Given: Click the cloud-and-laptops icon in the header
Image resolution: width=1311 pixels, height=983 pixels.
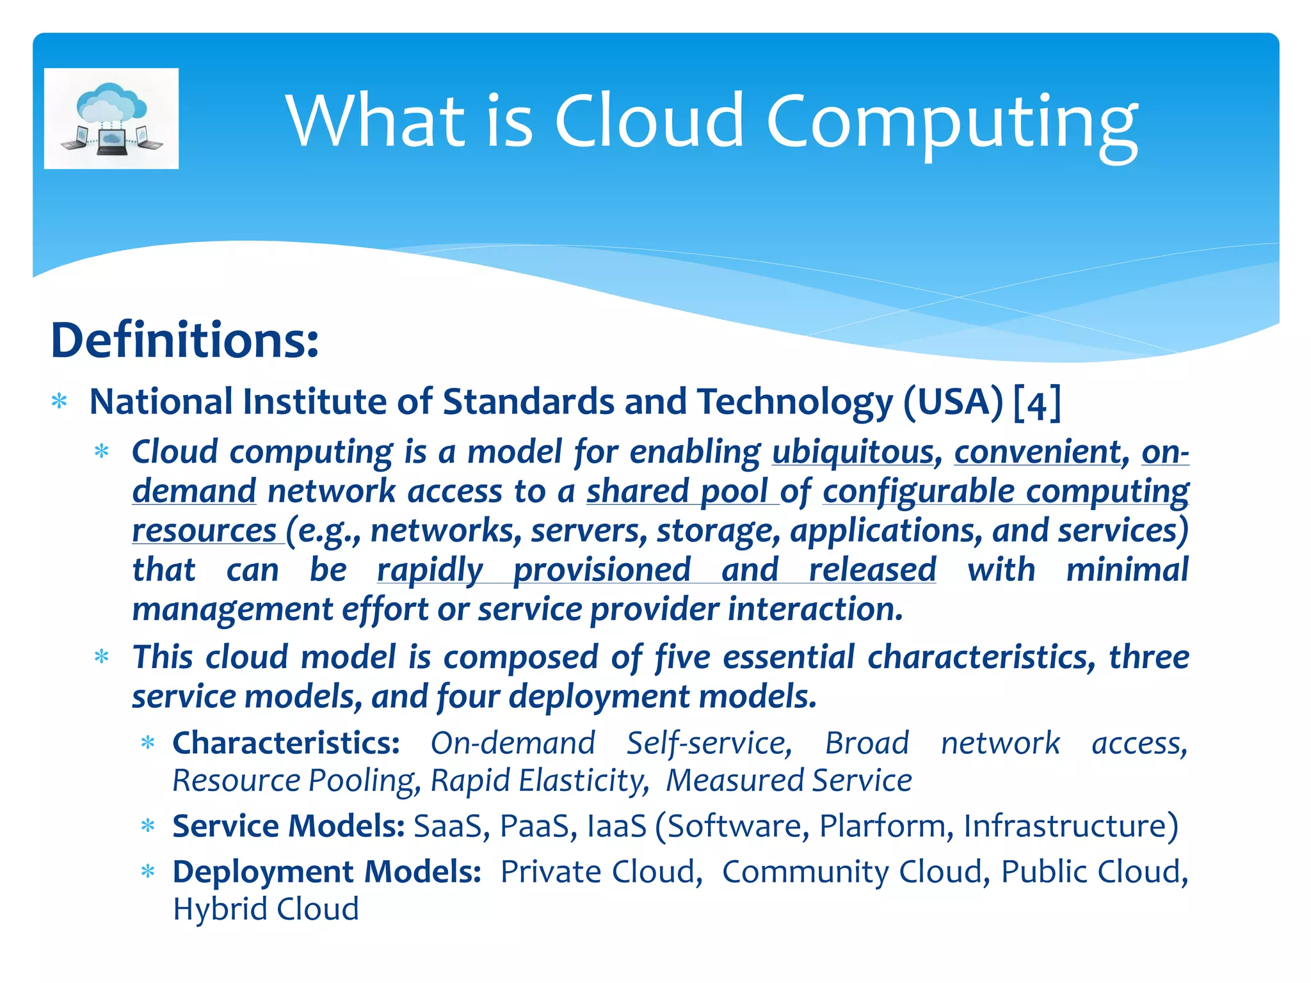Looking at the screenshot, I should [x=111, y=118].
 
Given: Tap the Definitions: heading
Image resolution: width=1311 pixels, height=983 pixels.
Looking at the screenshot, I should [x=184, y=340].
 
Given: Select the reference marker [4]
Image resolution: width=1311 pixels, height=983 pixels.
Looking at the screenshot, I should [x=1038, y=403].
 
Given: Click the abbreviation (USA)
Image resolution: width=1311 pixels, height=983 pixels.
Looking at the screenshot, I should [x=953, y=403].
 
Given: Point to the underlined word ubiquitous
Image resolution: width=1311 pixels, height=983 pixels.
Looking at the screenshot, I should [x=853, y=452].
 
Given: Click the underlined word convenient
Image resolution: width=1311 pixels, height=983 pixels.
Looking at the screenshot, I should [x=1038, y=452].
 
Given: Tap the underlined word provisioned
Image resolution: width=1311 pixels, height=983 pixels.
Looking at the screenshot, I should [x=602, y=570].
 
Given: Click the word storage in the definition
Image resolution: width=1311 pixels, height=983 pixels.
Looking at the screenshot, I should [x=718, y=531].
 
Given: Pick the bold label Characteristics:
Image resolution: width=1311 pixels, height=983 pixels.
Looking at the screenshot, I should [x=286, y=744].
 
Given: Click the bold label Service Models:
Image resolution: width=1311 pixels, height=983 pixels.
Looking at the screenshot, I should [x=289, y=826].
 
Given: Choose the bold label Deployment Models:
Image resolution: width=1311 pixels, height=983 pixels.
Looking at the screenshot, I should [x=327, y=872].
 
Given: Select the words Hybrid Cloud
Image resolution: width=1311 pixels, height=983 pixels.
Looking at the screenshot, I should [x=266, y=909].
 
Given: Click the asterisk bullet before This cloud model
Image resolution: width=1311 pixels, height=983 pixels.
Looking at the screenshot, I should [x=102, y=657].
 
